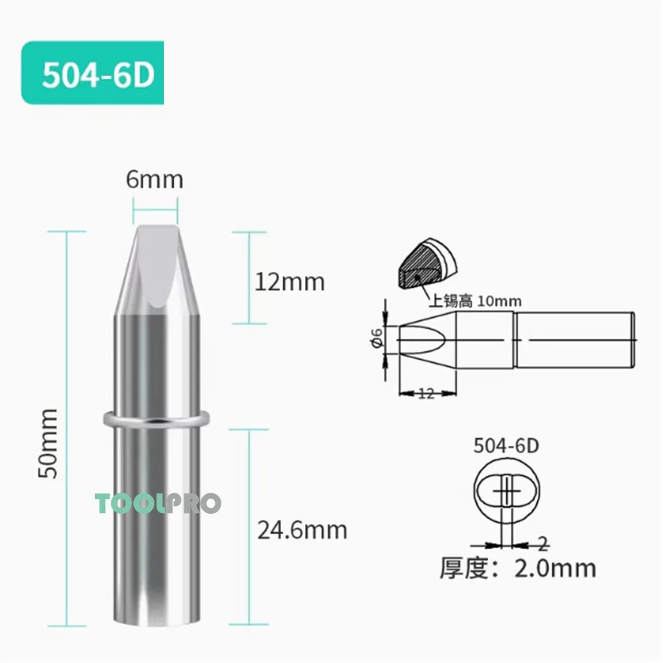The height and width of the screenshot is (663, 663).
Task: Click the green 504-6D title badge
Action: coord(92,73)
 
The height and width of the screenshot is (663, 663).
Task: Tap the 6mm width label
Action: coord(154,180)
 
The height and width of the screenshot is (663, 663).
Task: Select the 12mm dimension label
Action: coord(290,282)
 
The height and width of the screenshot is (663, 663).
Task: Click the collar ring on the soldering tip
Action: coord(156,419)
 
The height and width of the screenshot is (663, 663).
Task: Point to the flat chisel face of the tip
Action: coord(157,265)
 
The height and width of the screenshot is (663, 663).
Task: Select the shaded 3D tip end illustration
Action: coord(424,266)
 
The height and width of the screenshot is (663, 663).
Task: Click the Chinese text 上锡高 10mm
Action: coord(475,302)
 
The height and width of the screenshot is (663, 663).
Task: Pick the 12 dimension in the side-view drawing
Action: coord(426,394)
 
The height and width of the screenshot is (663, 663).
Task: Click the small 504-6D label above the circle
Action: coord(506,445)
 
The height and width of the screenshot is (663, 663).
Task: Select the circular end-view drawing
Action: coord(506,491)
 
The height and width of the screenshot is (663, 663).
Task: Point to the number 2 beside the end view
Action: coord(542,544)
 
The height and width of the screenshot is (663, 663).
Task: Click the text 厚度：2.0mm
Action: coord(518,568)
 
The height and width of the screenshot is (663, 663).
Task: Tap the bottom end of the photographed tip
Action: coord(156,620)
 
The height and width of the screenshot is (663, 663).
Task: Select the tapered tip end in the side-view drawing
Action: coord(424,340)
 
